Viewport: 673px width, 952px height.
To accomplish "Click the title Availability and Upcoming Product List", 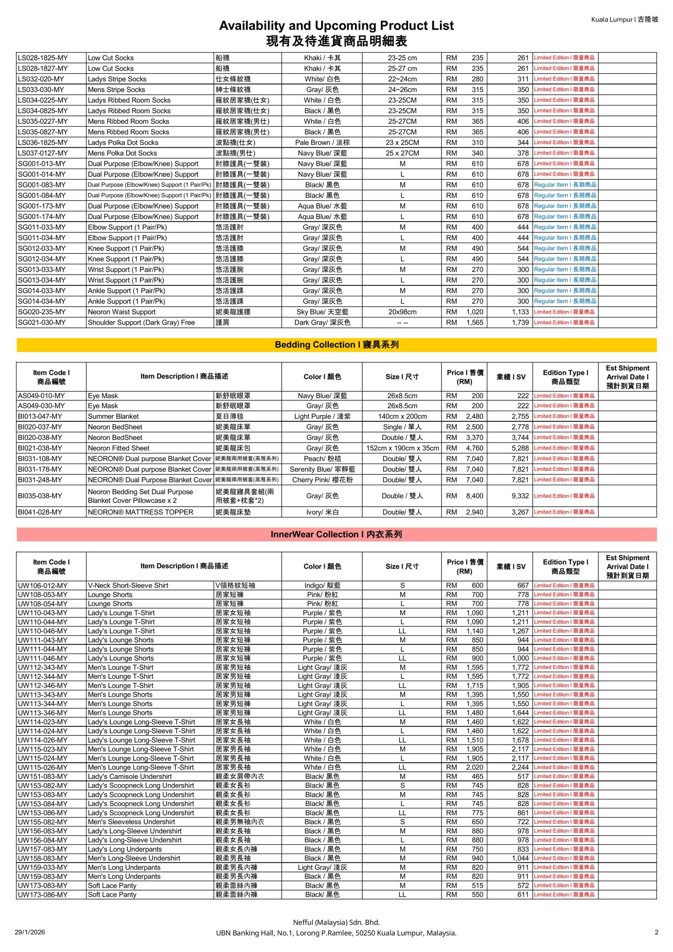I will [x=336, y=26].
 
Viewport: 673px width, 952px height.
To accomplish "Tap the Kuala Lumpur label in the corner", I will [x=624, y=19].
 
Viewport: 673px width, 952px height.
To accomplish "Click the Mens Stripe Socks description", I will [x=116, y=90].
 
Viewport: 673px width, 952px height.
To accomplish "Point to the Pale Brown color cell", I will [x=322, y=142].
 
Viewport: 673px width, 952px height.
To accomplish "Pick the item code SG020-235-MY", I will [x=42, y=312].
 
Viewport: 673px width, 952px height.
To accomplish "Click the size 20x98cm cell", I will [x=402, y=312].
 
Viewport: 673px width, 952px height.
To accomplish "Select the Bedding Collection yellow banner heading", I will [x=336, y=345].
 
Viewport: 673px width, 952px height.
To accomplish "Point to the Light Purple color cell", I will [x=322, y=416].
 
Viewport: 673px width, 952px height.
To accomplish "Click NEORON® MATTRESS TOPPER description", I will [x=141, y=512].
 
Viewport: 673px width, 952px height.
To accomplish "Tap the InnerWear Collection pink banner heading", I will [x=336, y=534].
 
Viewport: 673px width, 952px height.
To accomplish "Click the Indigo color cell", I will [x=322, y=585].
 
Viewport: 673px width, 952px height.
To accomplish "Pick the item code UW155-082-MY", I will [x=42, y=821].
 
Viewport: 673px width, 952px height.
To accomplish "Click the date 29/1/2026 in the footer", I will [x=30, y=932].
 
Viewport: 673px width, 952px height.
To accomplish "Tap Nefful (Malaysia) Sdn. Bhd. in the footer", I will [x=336, y=922].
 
